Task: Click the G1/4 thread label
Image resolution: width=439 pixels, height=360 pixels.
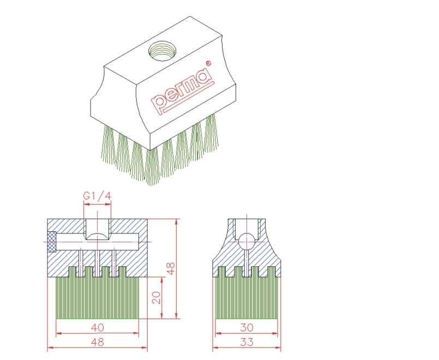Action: pyautogui.click(x=97, y=196)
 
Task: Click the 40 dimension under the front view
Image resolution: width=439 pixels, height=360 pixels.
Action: pyautogui.click(x=98, y=328)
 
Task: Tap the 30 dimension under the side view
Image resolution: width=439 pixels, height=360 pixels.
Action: pyautogui.click(x=246, y=328)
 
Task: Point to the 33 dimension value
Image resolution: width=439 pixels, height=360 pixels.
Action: pyautogui.click(x=246, y=342)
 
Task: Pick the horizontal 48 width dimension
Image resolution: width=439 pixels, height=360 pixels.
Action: pyautogui.click(x=98, y=342)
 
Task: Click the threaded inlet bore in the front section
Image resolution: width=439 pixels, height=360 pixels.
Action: pyautogui.click(x=97, y=226)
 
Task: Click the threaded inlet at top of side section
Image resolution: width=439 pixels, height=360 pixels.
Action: pyautogui.click(x=246, y=225)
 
